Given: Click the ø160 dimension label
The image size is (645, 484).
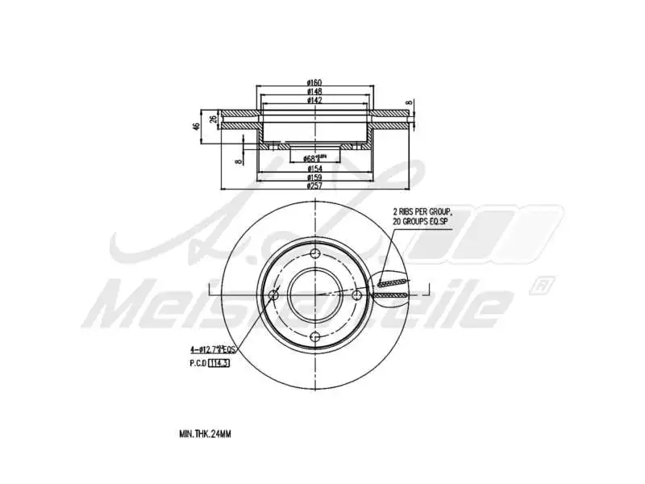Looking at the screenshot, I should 315,82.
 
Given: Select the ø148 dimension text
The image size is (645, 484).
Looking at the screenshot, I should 315,91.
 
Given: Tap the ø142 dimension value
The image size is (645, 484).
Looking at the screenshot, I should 315,101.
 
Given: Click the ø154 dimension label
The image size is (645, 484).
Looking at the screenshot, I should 314,169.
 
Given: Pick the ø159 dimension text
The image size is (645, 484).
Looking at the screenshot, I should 314,177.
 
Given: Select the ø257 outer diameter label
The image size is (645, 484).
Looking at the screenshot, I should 314,186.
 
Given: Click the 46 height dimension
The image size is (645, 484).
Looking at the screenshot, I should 195,127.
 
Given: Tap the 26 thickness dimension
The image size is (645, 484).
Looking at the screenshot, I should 213,119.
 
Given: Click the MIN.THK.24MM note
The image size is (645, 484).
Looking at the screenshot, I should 205,434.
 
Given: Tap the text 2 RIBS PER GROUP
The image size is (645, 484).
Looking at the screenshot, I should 422,212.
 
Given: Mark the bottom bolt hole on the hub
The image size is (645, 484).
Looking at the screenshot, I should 315,337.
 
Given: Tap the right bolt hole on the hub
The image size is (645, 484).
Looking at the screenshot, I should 356,296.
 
